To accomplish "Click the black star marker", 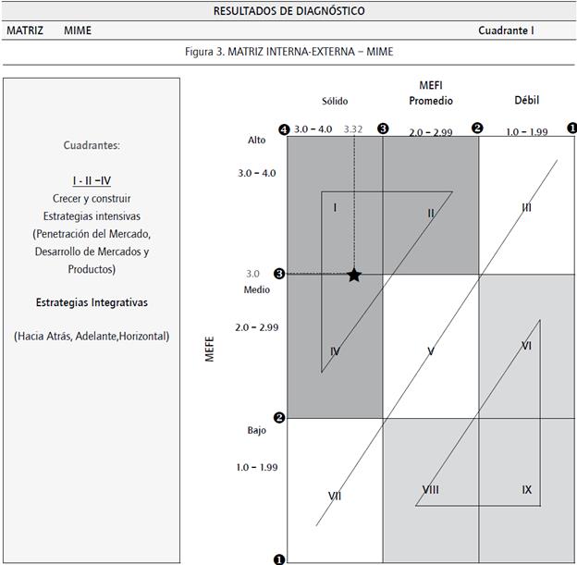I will coord(353,275).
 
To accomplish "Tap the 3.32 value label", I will coord(353,129).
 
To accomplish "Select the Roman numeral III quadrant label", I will coord(526,208).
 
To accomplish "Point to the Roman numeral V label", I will coord(431,351).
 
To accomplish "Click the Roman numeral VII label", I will coord(335,496).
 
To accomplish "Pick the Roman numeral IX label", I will coord(526,489).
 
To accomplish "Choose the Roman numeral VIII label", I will coord(430,489).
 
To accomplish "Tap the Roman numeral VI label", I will coord(526,346).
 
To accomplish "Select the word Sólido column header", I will coord(335,101).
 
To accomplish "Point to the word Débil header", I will coord(526,100).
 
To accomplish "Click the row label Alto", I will coord(256,140).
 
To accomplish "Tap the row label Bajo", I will coord(256,431).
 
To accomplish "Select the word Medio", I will coord(257,289).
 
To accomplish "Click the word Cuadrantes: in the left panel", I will coord(92,145).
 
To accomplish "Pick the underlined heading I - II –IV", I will coord(92,180).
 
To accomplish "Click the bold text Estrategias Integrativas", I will coord(92,302).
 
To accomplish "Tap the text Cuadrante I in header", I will coord(506,31).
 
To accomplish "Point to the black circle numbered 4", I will coord(284,129).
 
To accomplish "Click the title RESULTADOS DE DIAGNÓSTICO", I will coord(288,11).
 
